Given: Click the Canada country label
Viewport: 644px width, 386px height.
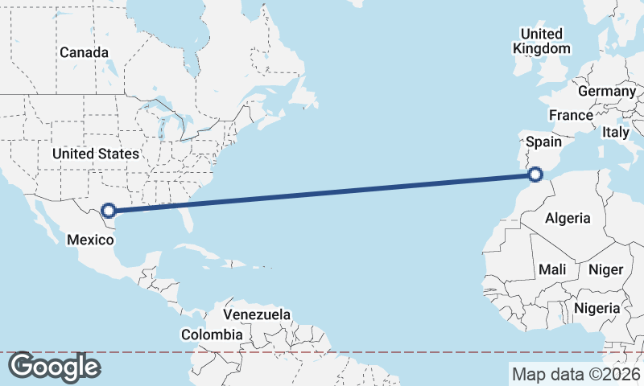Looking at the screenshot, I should coord(84,52).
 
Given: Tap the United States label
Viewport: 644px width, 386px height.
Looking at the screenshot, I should coord(95,153).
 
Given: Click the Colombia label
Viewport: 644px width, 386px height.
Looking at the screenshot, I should coord(212,335).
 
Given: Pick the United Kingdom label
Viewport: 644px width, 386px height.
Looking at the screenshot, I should coord(542,41).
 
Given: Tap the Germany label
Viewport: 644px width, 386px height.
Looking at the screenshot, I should coord(607,91).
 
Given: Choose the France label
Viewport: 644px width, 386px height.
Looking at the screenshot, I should coord(571,115).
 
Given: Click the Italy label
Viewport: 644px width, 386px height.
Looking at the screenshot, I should coord(616,131).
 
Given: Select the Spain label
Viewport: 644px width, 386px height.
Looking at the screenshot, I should coord(543,142).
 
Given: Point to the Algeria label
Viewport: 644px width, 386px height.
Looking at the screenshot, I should coord(568,218).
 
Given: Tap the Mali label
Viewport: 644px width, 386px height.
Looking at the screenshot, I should coord(553,269).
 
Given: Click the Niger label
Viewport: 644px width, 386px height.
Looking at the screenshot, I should coord(605,269).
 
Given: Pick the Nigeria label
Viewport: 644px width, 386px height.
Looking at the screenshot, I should coord(597,308).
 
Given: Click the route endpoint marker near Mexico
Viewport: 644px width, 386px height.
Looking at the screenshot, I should coord(109,211).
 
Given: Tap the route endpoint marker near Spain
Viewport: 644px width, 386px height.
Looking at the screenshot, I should coord(536,172).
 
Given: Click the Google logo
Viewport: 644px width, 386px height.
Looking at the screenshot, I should coord(54,367).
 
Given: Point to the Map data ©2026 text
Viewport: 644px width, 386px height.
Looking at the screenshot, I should coord(576,374).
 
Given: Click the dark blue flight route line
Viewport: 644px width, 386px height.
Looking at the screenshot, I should coord(322,192).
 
